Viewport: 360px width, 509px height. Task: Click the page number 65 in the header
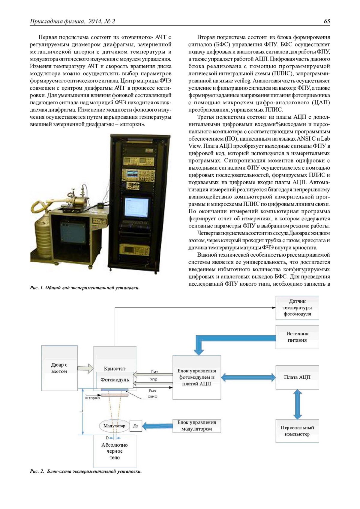[x=327, y=21]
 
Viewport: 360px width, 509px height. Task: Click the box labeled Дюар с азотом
[x=59, y=368]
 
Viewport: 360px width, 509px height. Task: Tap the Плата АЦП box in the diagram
[x=297, y=377]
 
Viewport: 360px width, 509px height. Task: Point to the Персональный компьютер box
[x=297, y=431]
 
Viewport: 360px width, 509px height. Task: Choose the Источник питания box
[x=297, y=337]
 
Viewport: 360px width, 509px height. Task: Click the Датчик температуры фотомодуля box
[x=297, y=308]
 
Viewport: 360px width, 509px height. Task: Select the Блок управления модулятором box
[x=196, y=426]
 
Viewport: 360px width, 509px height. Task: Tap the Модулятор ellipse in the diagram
[x=114, y=426]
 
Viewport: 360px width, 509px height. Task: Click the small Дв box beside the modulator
[x=136, y=426]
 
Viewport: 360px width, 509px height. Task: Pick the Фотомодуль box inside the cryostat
[x=115, y=380]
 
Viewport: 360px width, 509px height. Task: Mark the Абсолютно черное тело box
[x=115, y=451]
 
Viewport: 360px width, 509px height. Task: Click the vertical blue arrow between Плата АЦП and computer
[x=297, y=404]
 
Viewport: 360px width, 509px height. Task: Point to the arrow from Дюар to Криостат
[x=85, y=368]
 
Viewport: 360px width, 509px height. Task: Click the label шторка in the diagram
[x=92, y=398]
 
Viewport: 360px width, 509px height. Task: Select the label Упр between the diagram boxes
[x=154, y=380]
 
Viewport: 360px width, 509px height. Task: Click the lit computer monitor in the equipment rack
[x=136, y=208]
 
